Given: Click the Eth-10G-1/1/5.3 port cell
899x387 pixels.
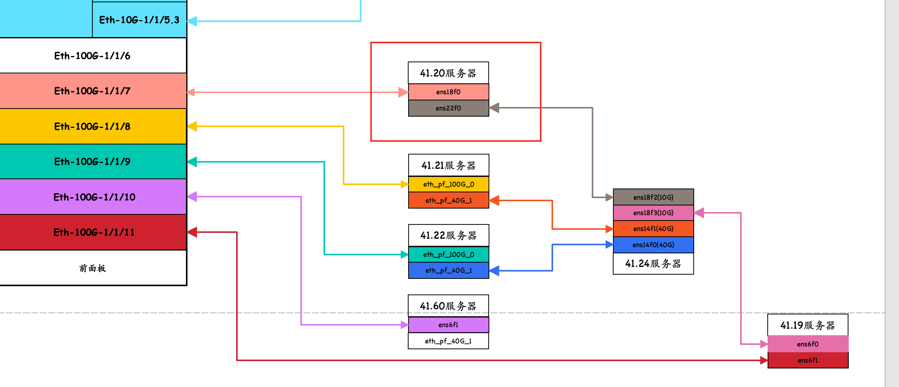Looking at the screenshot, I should tap(139, 20).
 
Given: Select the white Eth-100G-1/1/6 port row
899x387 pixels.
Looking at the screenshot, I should tap(92, 56).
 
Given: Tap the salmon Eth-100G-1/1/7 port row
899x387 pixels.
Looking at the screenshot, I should tap(92, 91).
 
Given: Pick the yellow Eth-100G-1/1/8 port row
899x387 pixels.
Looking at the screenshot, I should tap(92, 126).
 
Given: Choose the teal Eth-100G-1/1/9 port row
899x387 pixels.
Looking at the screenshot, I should tap(92, 161).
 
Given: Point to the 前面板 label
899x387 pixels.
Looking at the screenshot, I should tap(92, 268).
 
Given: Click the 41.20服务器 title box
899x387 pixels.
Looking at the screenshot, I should tap(448, 73).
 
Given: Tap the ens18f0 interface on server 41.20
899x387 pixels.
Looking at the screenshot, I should tap(448, 92).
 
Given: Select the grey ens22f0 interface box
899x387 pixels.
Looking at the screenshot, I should tap(448, 108).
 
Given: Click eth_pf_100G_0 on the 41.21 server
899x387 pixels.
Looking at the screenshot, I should tap(448, 184).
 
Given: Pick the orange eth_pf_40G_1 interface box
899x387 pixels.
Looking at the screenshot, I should tap(448, 200).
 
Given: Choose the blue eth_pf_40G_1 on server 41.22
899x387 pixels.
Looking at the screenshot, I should tap(448, 270).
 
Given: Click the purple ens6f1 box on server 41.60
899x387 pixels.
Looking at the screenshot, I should tap(448, 325).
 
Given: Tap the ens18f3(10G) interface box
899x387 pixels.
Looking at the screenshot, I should tap(653, 213).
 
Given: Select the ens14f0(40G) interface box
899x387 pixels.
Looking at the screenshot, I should tap(653, 245).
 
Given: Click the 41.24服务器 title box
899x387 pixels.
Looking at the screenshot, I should tap(653, 264).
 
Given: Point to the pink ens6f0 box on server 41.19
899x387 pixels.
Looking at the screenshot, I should tap(808, 344).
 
